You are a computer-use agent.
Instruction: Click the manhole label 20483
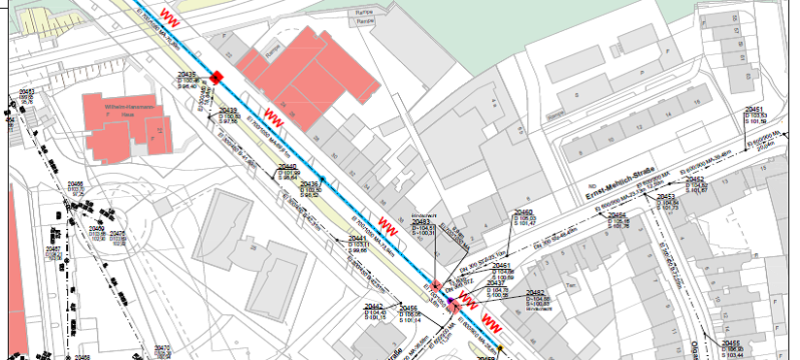pyautogui.click(x=422, y=222)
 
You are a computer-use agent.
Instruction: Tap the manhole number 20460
pyautogui.click(x=523, y=212)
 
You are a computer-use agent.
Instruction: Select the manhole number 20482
pyautogui.click(x=536, y=292)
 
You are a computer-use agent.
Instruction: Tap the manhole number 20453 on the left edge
pyautogui.click(x=26, y=90)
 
